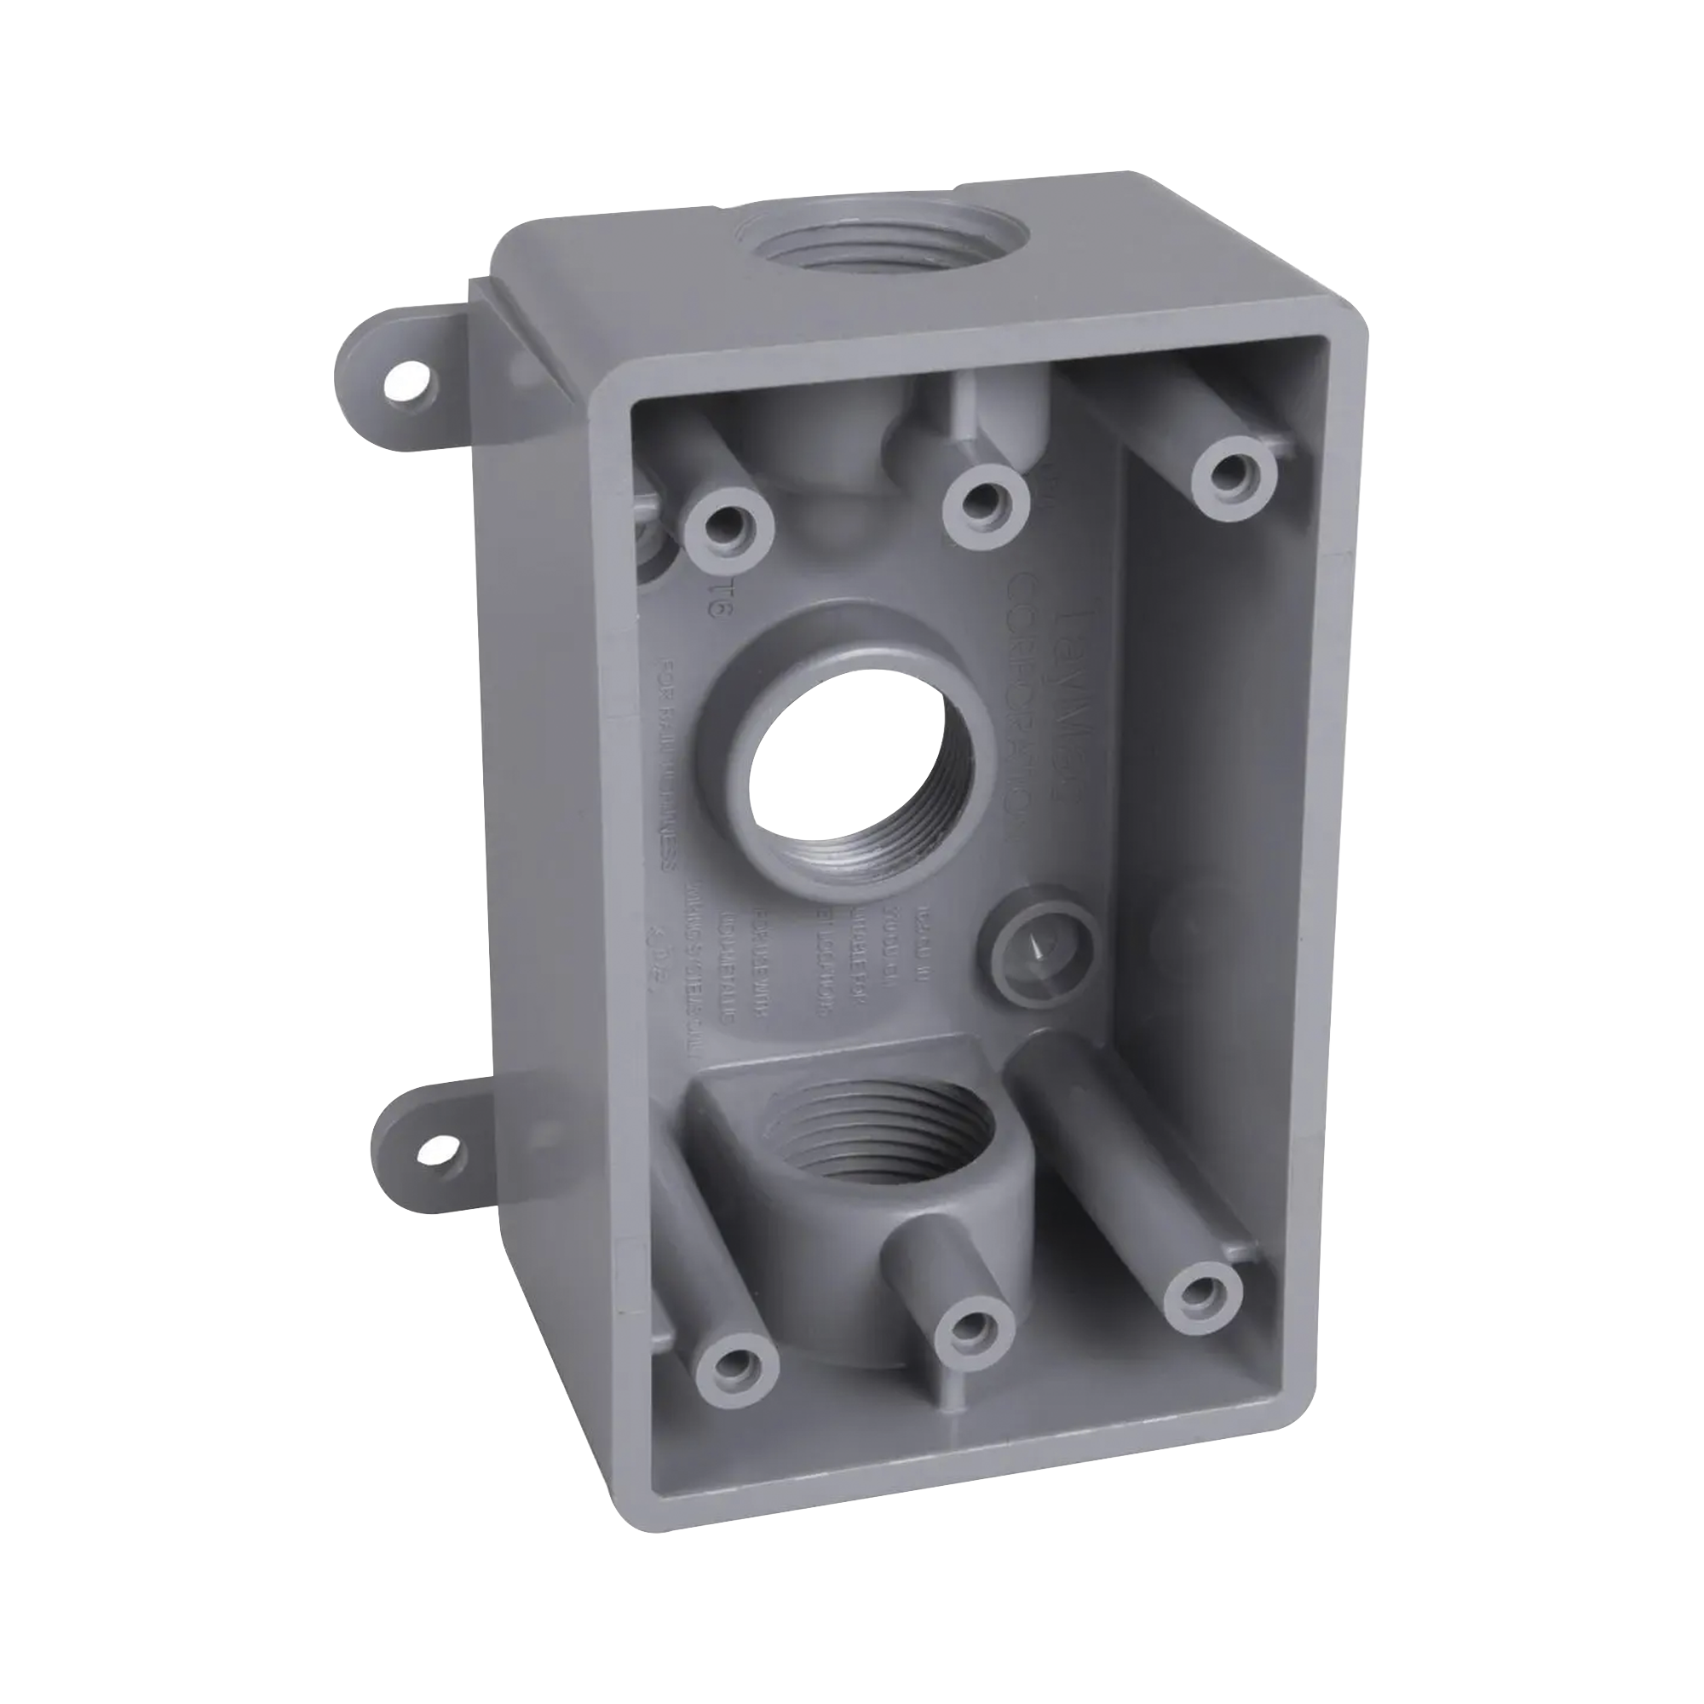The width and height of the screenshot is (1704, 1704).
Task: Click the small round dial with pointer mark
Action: [x=1039, y=949]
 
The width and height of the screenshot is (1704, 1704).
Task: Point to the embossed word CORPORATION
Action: [x=1023, y=705]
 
